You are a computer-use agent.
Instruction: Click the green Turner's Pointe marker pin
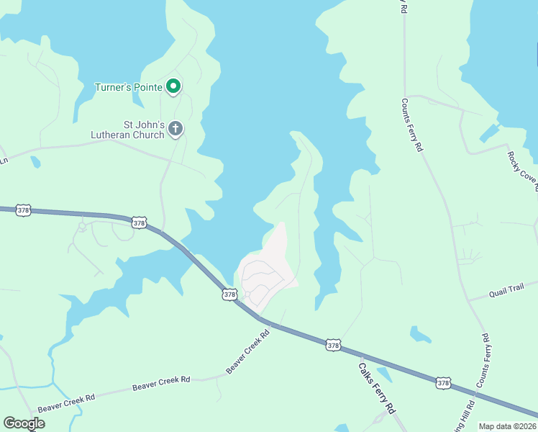(x=173, y=86)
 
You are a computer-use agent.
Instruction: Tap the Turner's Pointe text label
(x=129, y=88)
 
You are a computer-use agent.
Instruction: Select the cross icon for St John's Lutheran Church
(x=175, y=130)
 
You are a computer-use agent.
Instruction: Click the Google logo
(x=24, y=423)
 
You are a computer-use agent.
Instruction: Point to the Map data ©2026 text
(x=506, y=426)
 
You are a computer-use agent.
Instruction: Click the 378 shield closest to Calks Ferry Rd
(x=333, y=346)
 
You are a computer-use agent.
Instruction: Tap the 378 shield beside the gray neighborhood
(x=229, y=294)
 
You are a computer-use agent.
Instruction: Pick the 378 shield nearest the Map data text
(x=444, y=383)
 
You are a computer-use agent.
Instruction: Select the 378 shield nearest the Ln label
(x=24, y=210)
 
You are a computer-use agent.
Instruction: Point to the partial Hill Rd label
(x=465, y=414)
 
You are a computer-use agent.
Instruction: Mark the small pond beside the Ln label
(x=35, y=162)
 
